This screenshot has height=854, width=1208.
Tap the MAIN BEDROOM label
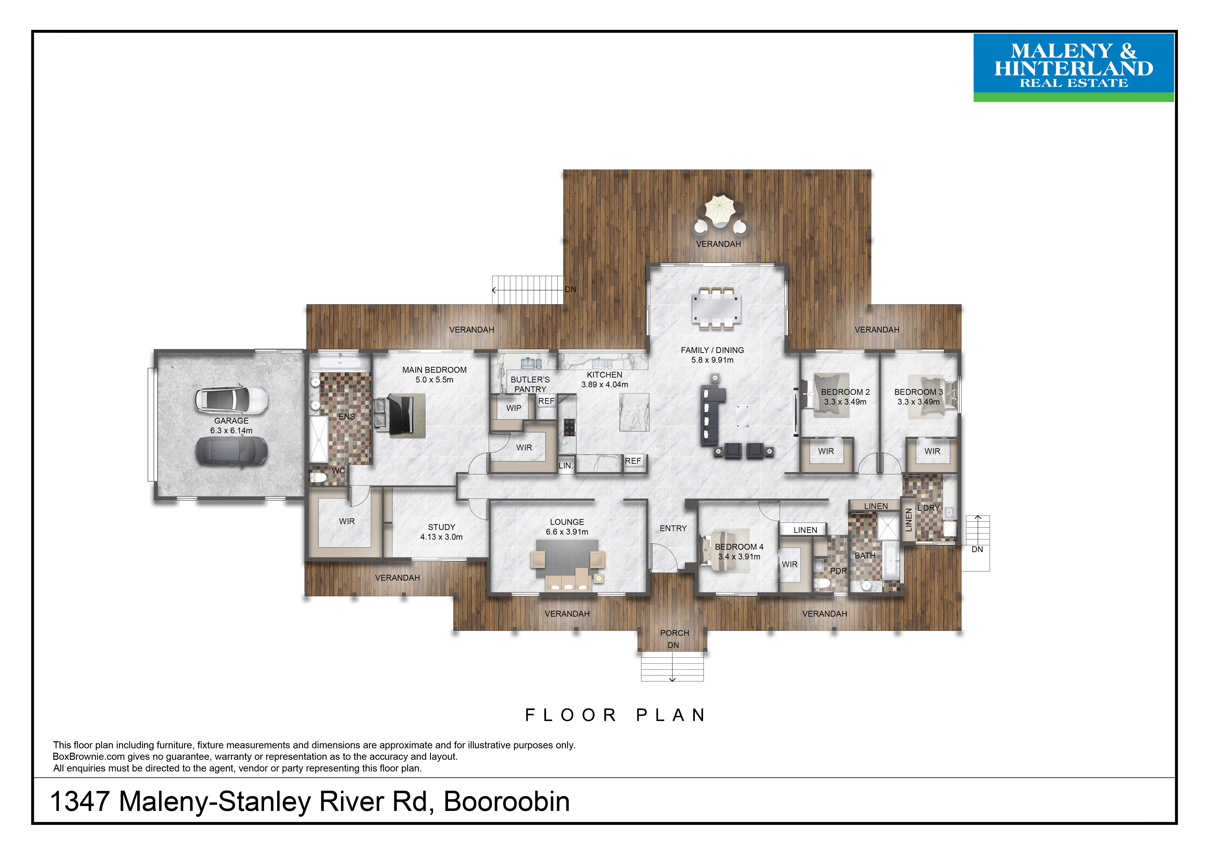(435, 370)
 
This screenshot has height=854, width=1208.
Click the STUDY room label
(441, 527)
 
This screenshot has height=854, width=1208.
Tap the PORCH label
(675, 633)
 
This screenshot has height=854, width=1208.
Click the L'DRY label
(928, 508)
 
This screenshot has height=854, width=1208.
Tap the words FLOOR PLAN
(616, 715)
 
